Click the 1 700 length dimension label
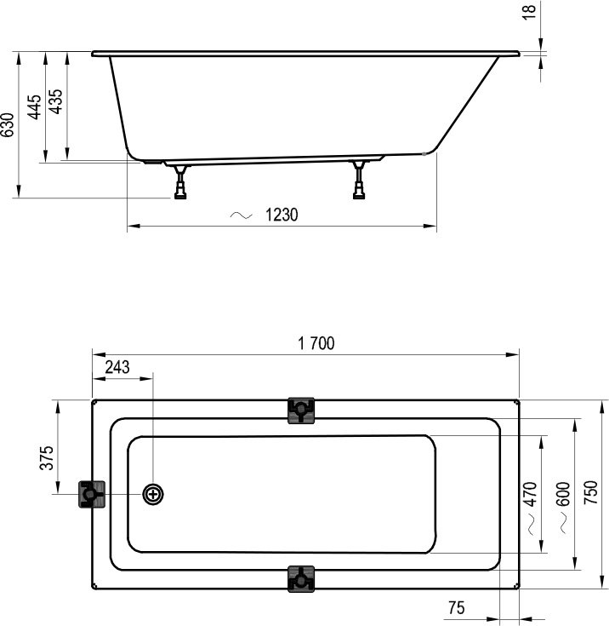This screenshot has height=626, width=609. coord(316,343)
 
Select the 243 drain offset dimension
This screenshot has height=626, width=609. coord(117,367)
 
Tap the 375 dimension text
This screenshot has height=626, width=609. coord(48,457)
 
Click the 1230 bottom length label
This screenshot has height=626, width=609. coord(281,215)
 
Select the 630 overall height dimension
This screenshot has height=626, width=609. coord(8,125)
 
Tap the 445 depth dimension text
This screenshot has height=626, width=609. coord(35,107)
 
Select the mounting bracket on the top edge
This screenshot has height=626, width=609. coord(301,410)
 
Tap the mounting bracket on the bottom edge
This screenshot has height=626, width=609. coord(301,578)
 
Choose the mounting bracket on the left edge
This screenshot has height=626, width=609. coord(91,494)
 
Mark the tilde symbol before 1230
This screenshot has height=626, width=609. coord(242,216)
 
